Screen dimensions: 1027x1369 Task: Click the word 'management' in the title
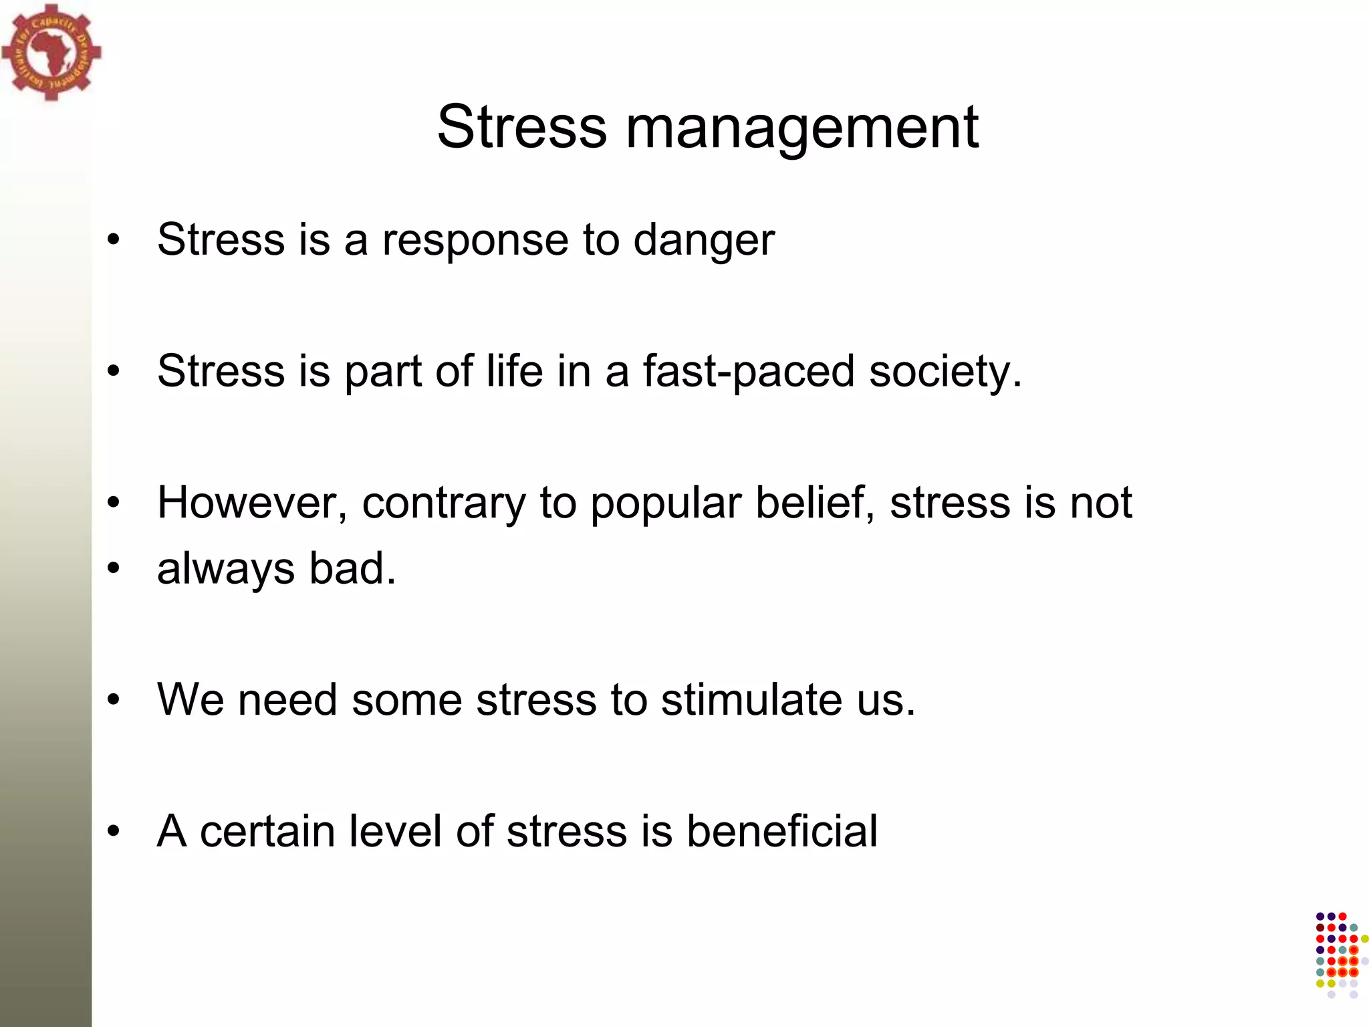(801, 128)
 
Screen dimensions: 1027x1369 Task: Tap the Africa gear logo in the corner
(51, 52)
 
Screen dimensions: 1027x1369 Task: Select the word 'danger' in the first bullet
(703, 240)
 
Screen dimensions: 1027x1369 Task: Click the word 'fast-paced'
(749, 372)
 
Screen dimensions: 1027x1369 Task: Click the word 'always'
(225, 570)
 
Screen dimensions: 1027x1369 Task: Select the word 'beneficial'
(781, 831)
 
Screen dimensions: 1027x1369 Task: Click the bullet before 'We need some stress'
(114, 700)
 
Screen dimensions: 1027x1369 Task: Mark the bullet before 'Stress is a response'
(114, 240)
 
